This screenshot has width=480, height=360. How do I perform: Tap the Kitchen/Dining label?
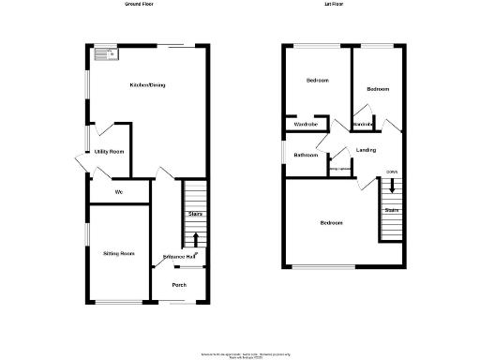pos(147,85)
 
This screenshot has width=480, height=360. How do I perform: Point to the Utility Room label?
pos(110,151)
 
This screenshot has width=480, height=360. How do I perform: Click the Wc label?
pos(120,192)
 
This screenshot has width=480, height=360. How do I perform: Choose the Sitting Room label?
pos(119,253)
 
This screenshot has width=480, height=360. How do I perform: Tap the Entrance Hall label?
pos(178,257)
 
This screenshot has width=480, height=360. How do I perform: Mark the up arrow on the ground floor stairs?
pos(195,240)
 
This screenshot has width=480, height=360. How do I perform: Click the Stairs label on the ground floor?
pos(195,215)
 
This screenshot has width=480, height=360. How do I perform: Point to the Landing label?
pos(367,150)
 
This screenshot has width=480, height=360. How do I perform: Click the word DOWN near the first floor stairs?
pos(391,172)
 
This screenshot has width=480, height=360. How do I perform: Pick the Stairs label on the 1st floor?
pos(391,210)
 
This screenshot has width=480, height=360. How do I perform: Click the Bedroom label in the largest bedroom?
pos(331,222)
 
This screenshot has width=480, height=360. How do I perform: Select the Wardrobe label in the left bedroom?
pos(306,124)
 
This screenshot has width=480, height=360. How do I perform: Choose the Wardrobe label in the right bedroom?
pos(364,124)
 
